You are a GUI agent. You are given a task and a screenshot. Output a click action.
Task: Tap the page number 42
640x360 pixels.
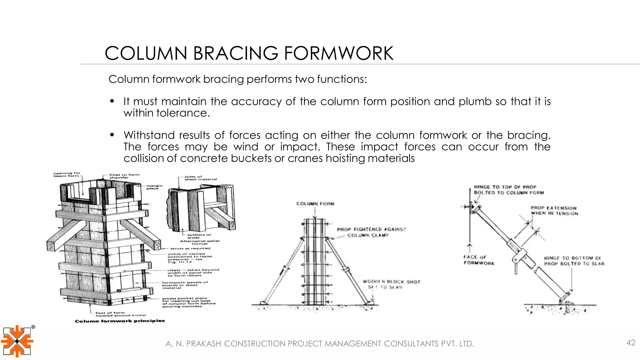[631, 343]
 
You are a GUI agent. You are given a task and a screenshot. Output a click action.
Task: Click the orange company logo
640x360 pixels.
[17, 341]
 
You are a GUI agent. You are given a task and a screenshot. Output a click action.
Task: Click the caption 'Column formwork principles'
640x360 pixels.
[120, 321]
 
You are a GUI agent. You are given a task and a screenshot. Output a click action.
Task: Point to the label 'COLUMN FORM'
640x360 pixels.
[315, 204]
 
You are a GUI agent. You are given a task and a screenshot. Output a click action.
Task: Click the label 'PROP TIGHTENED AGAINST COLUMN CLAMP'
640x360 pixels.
[371, 232]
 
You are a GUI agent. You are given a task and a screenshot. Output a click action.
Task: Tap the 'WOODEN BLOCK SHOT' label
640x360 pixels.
[391, 282]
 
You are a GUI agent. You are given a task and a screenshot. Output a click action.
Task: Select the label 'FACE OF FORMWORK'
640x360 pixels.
[479, 260]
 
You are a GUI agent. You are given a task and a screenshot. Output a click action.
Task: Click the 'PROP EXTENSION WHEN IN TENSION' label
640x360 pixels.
[554, 211]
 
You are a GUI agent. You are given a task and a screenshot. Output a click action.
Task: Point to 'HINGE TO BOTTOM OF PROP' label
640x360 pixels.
[574, 261]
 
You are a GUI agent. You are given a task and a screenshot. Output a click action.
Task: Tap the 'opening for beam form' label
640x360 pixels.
[67, 174]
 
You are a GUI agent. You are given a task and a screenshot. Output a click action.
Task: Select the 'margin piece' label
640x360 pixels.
[154, 187]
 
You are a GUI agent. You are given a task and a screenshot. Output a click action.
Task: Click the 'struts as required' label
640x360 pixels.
[190, 248]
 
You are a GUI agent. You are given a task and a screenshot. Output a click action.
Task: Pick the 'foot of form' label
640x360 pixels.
[110, 312]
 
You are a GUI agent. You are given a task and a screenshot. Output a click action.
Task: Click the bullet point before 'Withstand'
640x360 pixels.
[112, 135]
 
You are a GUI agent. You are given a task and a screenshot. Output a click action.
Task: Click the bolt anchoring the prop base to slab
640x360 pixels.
[567, 308]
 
